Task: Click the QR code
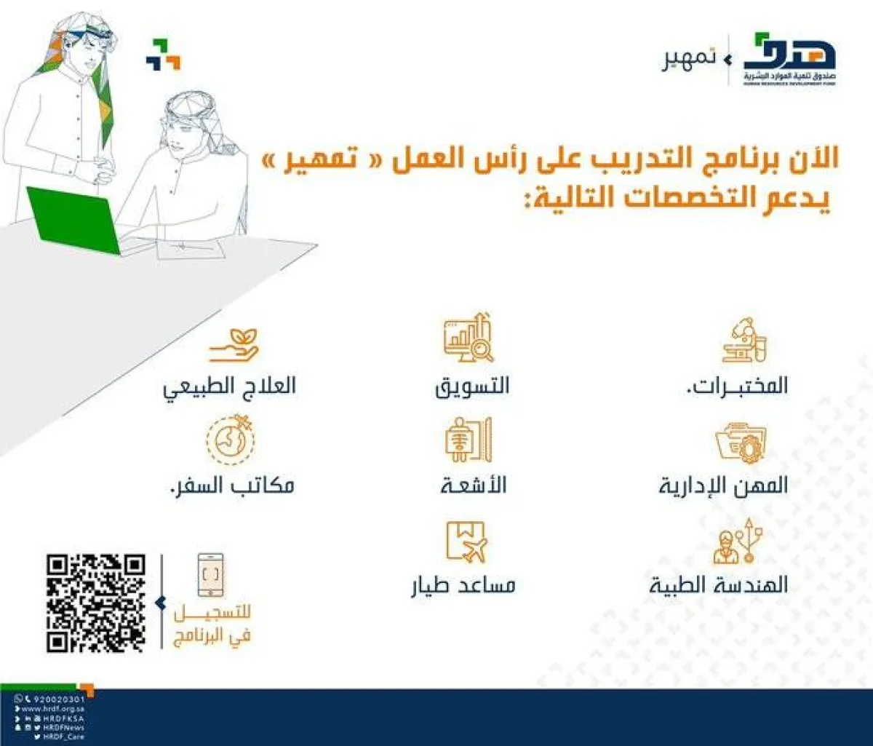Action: point(96,603)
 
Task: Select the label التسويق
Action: point(473,386)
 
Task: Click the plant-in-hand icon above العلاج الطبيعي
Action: point(234,346)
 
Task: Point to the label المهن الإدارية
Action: point(723,485)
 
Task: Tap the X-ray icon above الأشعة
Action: point(469,440)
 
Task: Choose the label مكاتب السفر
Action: point(227,485)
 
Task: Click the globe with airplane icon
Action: point(231,439)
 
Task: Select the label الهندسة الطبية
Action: point(719,585)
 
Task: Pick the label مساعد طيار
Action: point(463,585)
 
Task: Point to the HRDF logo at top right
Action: point(789,60)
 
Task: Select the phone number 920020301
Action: point(59,699)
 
